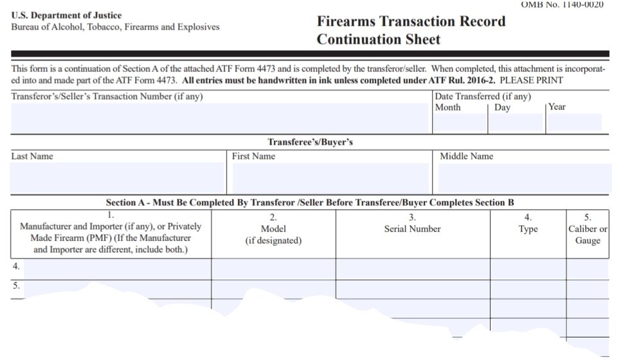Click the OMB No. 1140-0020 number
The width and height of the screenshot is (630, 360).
click(x=562, y=4)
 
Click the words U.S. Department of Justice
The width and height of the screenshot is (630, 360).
click(x=66, y=15)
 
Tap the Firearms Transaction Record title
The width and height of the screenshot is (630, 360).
click(x=411, y=21)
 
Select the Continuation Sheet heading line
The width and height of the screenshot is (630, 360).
click(x=379, y=39)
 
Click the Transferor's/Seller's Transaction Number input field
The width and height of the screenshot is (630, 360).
click(x=220, y=118)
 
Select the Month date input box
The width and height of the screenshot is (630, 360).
click(x=460, y=123)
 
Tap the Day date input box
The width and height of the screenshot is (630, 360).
click(x=516, y=123)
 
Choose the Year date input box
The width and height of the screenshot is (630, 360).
click(x=575, y=123)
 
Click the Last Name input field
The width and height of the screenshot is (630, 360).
click(x=117, y=177)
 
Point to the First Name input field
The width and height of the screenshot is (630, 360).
click(x=330, y=177)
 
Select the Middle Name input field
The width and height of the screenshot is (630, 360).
click(x=525, y=177)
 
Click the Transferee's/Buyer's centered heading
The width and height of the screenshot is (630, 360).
click(x=310, y=142)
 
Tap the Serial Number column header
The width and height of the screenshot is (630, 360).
click(x=412, y=224)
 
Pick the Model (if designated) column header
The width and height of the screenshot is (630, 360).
click(x=273, y=229)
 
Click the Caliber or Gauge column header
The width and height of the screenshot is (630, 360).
click(x=588, y=229)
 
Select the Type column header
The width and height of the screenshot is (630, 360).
click(x=528, y=224)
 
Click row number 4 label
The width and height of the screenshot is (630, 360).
click(x=16, y=266)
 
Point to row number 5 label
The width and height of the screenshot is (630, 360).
click(x=16, y=285)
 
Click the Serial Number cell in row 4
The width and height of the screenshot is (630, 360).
click(x=413, y=269)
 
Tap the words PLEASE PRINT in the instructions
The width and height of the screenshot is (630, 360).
click(x=531, y=80)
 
